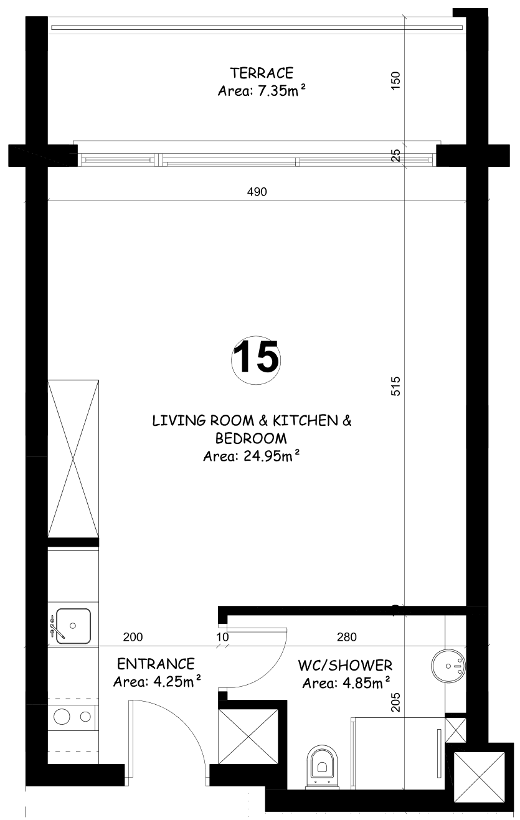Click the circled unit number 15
tap(256, 360)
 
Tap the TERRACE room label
tap(262, 73)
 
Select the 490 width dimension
tap(257, 192)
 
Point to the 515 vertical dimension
tap(396, 386)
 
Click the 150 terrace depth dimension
tap(396, 80)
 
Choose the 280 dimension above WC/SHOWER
tap(346, 638)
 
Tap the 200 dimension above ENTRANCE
tap(133, 638)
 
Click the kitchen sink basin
tap(73, 626)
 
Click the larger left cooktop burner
tap(62, 717)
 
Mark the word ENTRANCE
tap(156, 664)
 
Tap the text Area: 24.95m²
tap(252, 456)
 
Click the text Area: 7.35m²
tap(262, 90)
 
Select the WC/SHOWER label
tap(345, 665)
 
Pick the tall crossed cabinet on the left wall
tap(73, 459)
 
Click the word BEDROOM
tap(251, 438)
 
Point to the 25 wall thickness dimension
tap(396, 155)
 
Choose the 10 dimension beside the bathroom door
tap(222, 638)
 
